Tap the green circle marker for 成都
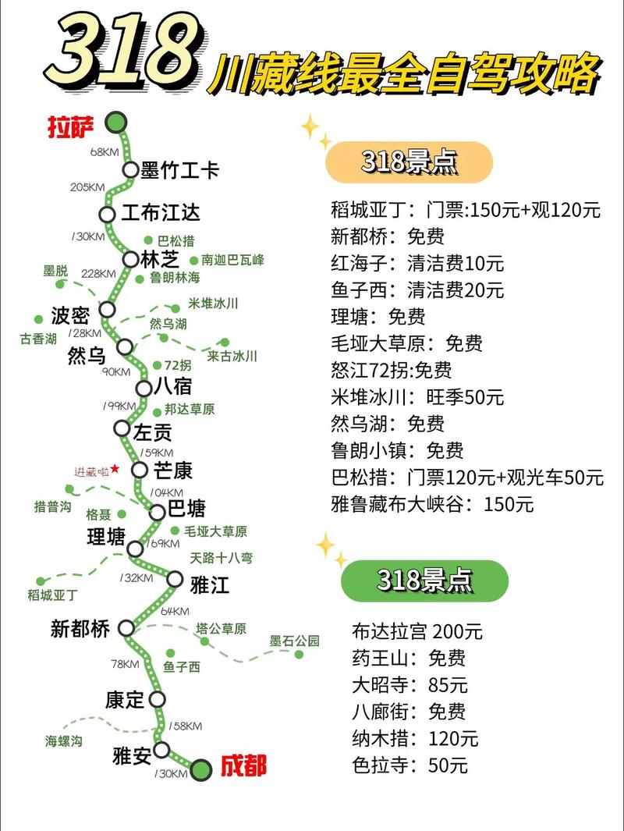201,769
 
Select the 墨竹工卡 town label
180,170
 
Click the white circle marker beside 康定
158,698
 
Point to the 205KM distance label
87,187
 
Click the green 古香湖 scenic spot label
39,339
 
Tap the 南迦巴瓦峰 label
232,260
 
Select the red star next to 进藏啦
115,468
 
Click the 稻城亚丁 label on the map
53,595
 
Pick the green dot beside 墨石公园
298,655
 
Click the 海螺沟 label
63,741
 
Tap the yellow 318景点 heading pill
409,162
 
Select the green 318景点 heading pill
424,580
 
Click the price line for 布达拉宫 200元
417,631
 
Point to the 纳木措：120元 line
415,738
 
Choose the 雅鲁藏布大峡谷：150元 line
432,504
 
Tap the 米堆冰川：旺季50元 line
417,396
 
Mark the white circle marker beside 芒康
140,470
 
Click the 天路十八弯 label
222,558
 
